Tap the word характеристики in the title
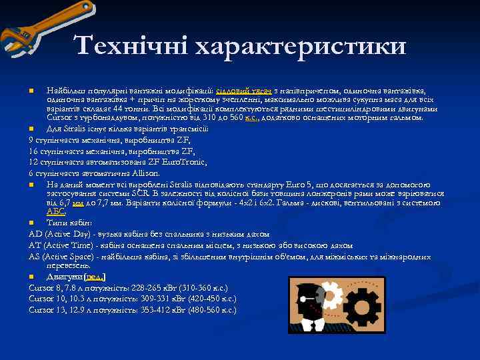pyautogui.click(x=298, y=47)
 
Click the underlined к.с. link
pyautogui.click(x=251, y=117)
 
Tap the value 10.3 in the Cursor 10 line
pyautogui.click(x=76, y=299)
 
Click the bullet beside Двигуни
pyautogui.click(x=31, y=276)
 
